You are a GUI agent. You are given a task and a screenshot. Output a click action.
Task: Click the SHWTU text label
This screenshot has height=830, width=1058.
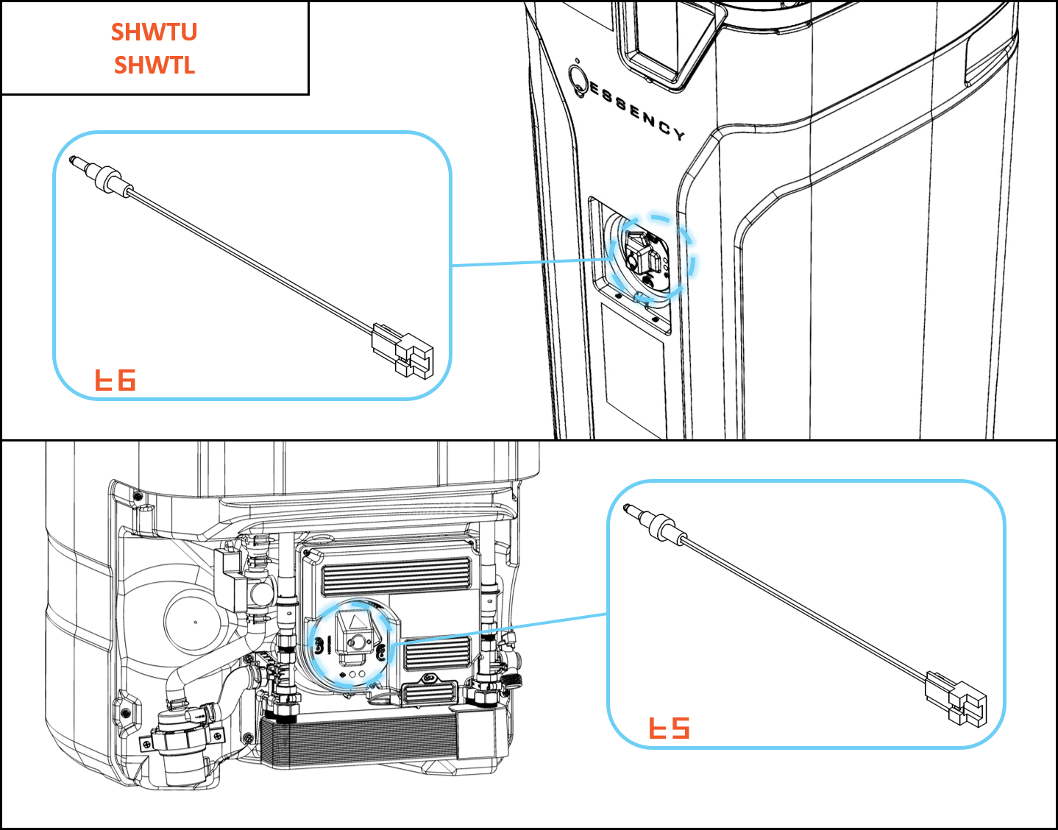(155, 32)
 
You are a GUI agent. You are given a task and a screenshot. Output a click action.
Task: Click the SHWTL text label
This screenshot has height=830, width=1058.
(155, 65)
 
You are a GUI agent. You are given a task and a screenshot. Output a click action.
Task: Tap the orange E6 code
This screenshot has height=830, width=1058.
(116, 380)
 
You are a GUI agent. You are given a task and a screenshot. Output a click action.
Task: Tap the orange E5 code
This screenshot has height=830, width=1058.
(669, 728)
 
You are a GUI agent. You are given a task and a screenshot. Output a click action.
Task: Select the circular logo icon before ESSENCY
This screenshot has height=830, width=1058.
(578, 77)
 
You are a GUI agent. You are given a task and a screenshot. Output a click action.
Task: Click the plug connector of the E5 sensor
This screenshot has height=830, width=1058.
(956, 698)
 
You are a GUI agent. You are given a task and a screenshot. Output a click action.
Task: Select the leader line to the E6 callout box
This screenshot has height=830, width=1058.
(530, 262)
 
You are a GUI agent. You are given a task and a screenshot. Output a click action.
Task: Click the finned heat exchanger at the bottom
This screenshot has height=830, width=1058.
(361, 739)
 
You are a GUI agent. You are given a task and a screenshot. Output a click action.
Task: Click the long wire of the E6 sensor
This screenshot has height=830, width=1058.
(250, 258)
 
